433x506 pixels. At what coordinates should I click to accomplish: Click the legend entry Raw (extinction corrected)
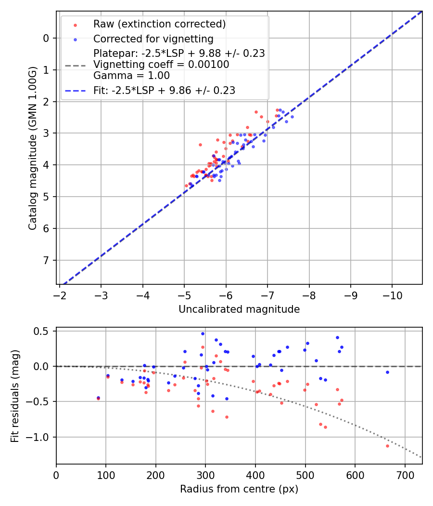tap(159, 24)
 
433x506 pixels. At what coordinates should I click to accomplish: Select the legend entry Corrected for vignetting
tap(153, 39)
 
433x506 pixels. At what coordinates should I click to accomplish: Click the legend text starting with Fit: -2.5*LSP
tap(164, 91)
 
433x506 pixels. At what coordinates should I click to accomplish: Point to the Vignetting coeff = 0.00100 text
tap(161, 65)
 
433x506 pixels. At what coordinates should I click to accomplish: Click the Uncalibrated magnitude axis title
tap(239, 309)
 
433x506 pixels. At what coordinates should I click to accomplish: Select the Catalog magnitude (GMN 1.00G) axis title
tap(32, 147)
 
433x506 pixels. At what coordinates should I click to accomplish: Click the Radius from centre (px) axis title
tap(239, 489)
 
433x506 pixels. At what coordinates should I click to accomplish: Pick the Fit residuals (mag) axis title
tap(15, 396)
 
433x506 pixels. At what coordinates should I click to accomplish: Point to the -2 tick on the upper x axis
tap(60, 293)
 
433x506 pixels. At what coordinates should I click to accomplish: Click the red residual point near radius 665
tap(387, 446)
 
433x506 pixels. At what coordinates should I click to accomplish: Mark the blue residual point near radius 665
tap(387, 372)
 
